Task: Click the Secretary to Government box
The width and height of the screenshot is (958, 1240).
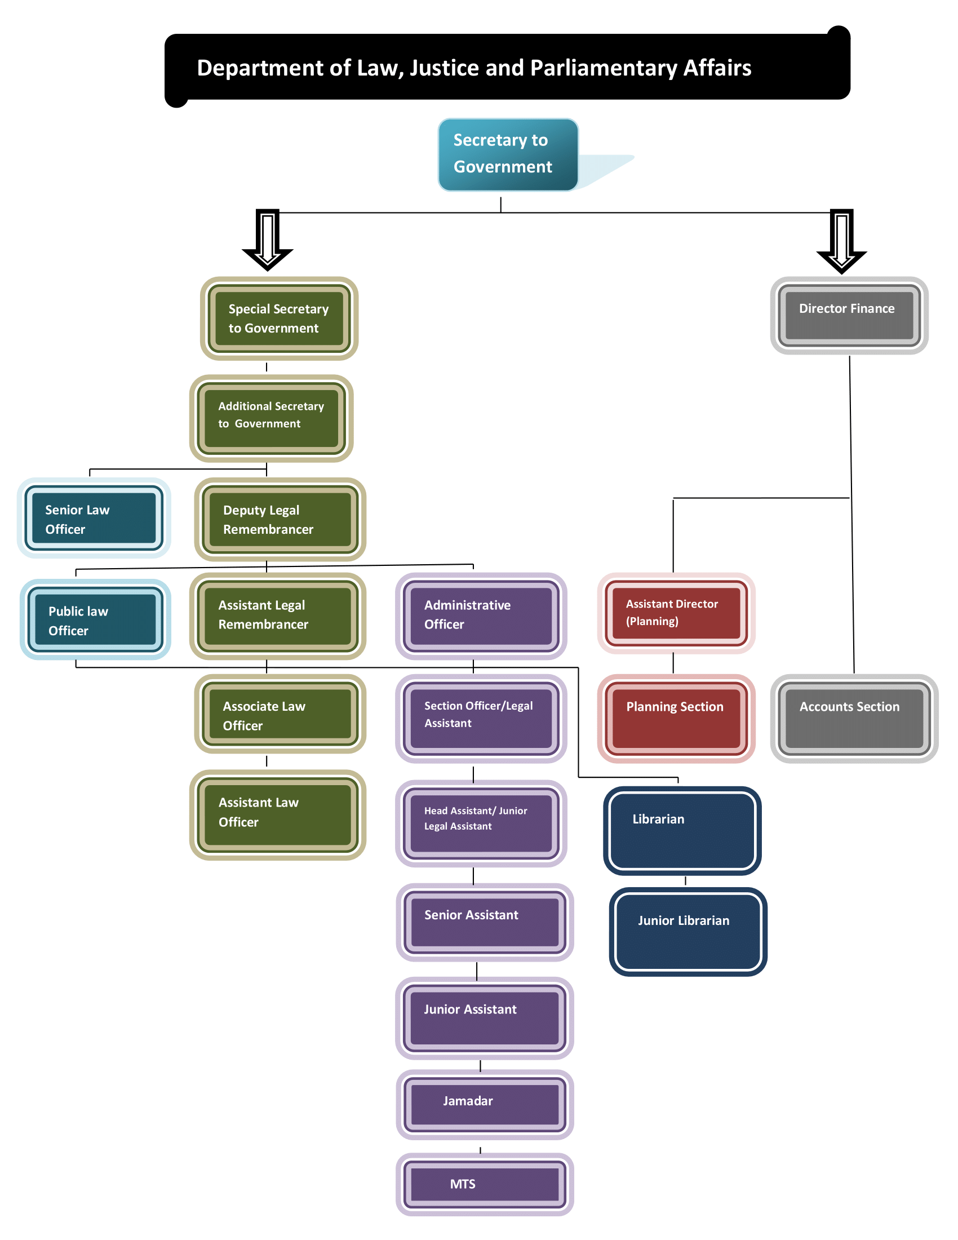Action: coord(508,154)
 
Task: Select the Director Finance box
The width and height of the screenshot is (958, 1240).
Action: coord(849,316)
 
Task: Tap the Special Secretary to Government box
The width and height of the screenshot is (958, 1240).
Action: coord(278,318)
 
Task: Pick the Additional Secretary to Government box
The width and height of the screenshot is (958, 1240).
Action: coord(271,418)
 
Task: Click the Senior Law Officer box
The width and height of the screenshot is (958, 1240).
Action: coord(94,518)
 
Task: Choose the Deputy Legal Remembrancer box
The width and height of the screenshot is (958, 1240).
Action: coord(280,520)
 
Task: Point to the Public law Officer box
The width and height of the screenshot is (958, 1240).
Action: coord(95,619)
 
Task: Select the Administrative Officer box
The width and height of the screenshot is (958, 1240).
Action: coord(481,616)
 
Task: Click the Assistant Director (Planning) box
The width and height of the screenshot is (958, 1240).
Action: coord(676,613)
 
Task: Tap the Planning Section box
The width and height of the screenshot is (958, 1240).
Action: coord(676,718)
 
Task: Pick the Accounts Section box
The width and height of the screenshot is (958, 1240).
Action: coord(854,718)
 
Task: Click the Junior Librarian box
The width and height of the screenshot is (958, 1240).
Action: coord(688,931)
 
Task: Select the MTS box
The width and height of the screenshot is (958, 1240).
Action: coord(485,1184)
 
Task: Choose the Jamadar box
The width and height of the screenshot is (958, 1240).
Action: coord(485,1104)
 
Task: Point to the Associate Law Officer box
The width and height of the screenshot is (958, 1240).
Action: coord(280,714)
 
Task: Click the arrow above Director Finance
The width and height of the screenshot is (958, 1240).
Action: coord(841,241)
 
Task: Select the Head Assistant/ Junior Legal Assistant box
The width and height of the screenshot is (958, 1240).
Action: coord(481,823)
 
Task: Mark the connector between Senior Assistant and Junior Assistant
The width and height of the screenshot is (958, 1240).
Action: coord(477,972)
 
